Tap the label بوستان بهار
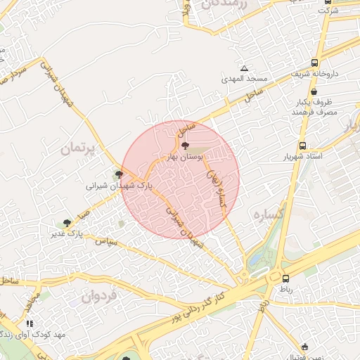pos(186,158)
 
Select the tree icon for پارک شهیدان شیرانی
pos(119,174)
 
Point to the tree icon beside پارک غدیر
pos(66,223)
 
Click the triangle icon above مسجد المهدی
pos(244,68)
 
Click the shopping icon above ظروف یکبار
pos(313,91)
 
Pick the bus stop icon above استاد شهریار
pos(302,146)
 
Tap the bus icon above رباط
pos(286,278)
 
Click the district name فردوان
pos(97,297)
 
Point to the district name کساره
pos(268,214)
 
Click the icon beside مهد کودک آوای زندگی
pos(30,323)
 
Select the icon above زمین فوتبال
pos(304,347)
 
